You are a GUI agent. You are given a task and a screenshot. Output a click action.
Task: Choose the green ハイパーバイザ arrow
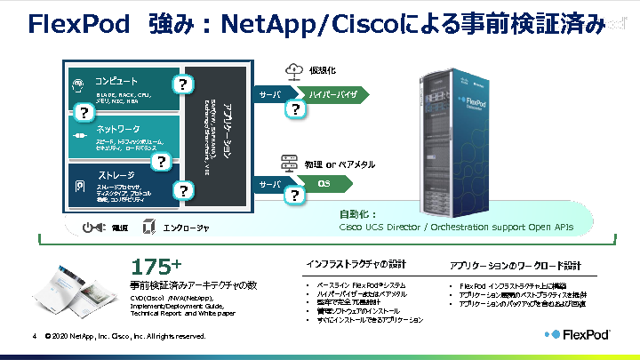pyautogui.click(x=334, y=93)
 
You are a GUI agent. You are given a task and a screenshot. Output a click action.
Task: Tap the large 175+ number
pyautogui.click(x=156, y=267)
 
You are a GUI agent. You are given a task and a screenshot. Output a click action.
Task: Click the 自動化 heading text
pyautogui.click(x=358, y=214)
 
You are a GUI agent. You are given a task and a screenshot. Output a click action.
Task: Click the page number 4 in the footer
pyautogui.click(x=33, y=337)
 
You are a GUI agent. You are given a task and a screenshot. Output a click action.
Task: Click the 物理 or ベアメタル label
pyautogui.click(x=340, y=164)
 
